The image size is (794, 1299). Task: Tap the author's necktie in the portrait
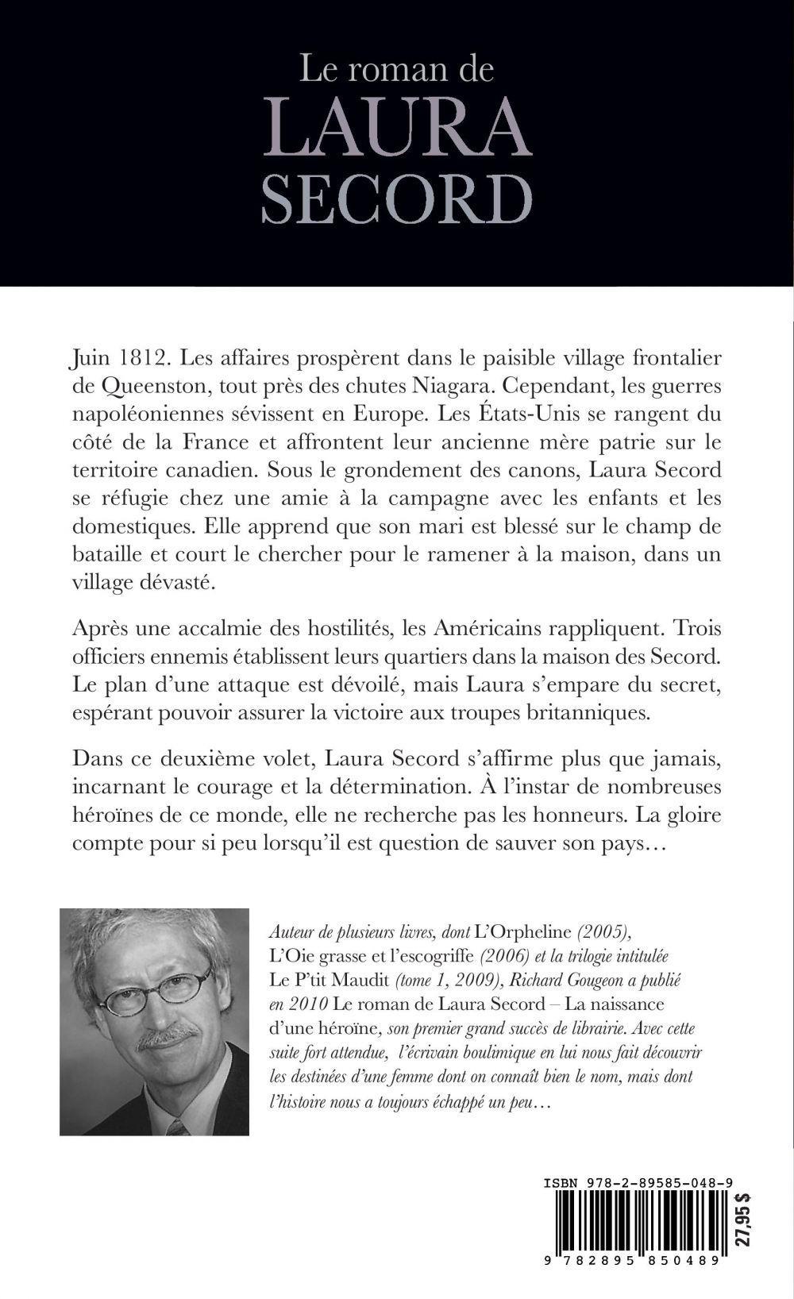[x=176, y=1126]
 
